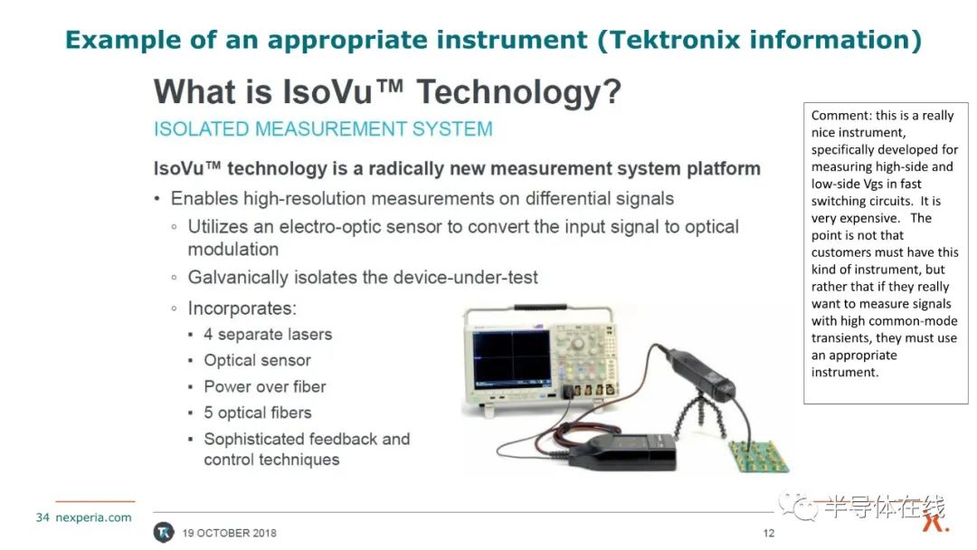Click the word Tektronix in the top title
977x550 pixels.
674,40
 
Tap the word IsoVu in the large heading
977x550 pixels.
327,91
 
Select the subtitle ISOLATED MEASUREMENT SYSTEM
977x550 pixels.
323,129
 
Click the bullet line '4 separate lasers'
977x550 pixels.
268,335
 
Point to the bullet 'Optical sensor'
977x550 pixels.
257,361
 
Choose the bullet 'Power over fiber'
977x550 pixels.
265,387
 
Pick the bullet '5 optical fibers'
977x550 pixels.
257,413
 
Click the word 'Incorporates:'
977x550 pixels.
242,308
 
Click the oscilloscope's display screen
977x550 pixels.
511,359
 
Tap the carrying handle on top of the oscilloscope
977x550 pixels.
539,308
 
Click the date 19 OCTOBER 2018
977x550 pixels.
229,533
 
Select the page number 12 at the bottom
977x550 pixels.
768,533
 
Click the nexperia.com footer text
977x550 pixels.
93,517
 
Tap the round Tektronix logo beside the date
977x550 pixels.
164,533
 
